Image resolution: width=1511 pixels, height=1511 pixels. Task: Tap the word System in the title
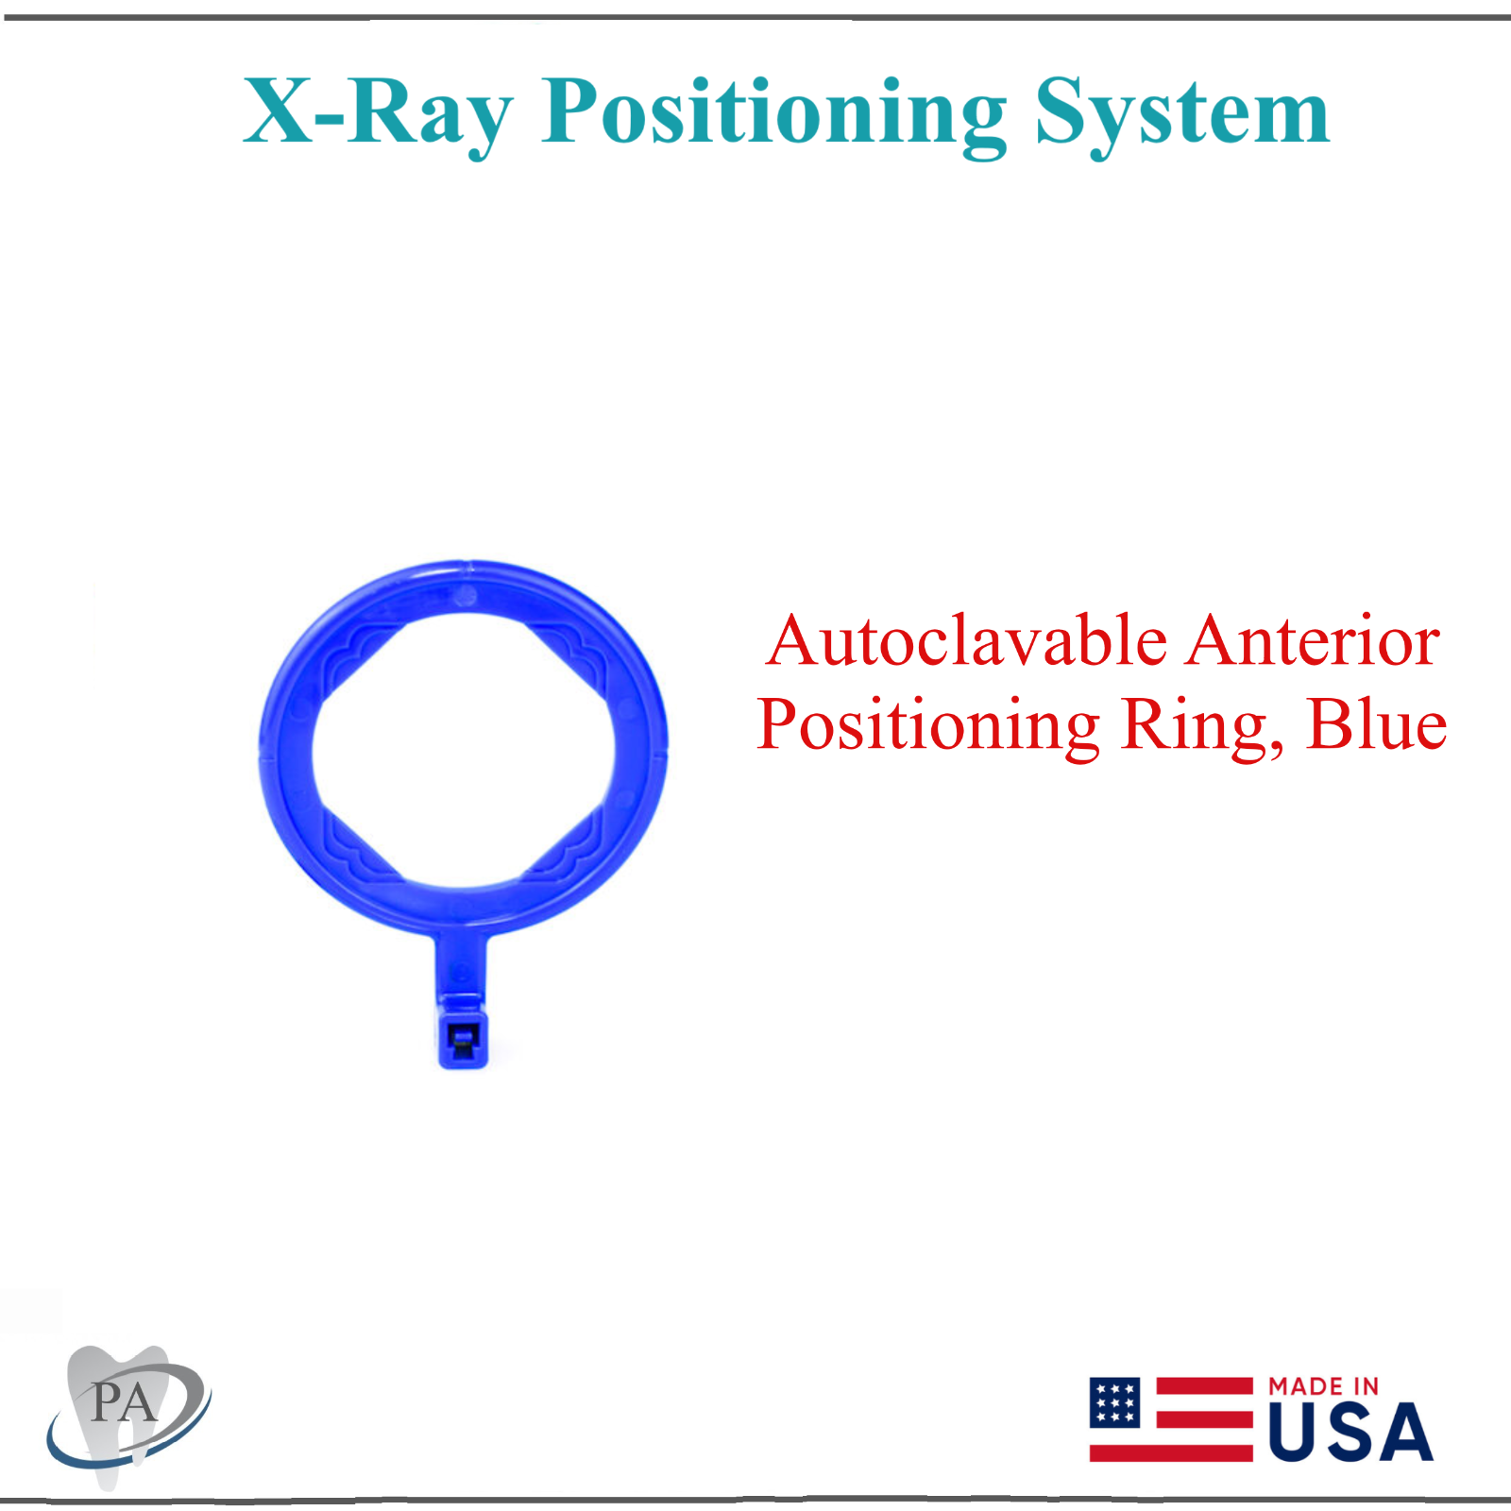point(1182,113)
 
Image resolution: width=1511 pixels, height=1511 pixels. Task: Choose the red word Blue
point(1376,725)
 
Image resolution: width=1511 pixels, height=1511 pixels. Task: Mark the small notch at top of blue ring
point(467,568)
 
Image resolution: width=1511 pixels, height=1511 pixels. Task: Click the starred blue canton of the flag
point(1115,1402)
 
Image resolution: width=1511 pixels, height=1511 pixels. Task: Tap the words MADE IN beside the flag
point(1323,1386)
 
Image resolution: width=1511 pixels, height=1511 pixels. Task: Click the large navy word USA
point(1350,1434)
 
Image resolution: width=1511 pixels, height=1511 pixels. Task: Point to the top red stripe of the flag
point(1204,1385)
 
